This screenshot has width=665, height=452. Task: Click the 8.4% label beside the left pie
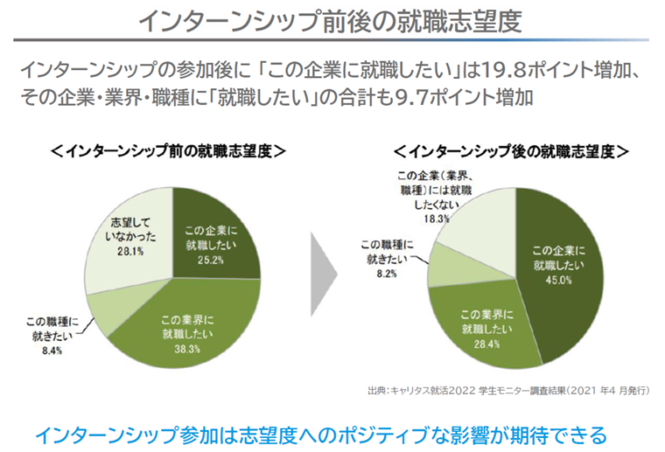[x=49, y=351]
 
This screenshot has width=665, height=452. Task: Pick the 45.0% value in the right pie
[x=559, y=281]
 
